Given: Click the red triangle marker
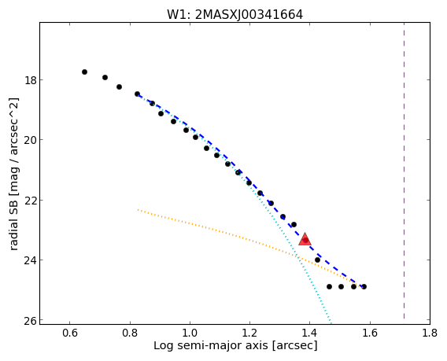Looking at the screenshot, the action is pos(305,239).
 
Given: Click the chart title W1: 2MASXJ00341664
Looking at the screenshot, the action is pos(235,14).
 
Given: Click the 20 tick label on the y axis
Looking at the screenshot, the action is pos(31,140).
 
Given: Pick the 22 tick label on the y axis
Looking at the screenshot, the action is pos(31,200).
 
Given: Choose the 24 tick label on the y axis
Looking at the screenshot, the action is pos(31,260).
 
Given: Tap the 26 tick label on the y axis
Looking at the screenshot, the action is pos(31,320).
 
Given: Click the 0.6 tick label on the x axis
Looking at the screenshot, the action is pos(70,333).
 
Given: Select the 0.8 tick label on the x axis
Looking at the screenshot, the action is pos(130,333).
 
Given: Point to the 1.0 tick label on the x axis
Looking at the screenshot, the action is pos(190,333).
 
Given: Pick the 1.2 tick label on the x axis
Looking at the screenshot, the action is pos(250,333).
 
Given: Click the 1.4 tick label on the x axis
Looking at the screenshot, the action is pos(310,333).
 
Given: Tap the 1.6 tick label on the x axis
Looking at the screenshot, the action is pos(370,333).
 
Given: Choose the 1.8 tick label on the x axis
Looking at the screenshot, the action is pos(430,333).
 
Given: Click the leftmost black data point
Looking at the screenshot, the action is pos(84,72).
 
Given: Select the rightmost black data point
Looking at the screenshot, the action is pos(364,286).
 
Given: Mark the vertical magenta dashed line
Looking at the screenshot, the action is pos(404,171).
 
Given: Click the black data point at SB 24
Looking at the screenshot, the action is pos(317,260).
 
